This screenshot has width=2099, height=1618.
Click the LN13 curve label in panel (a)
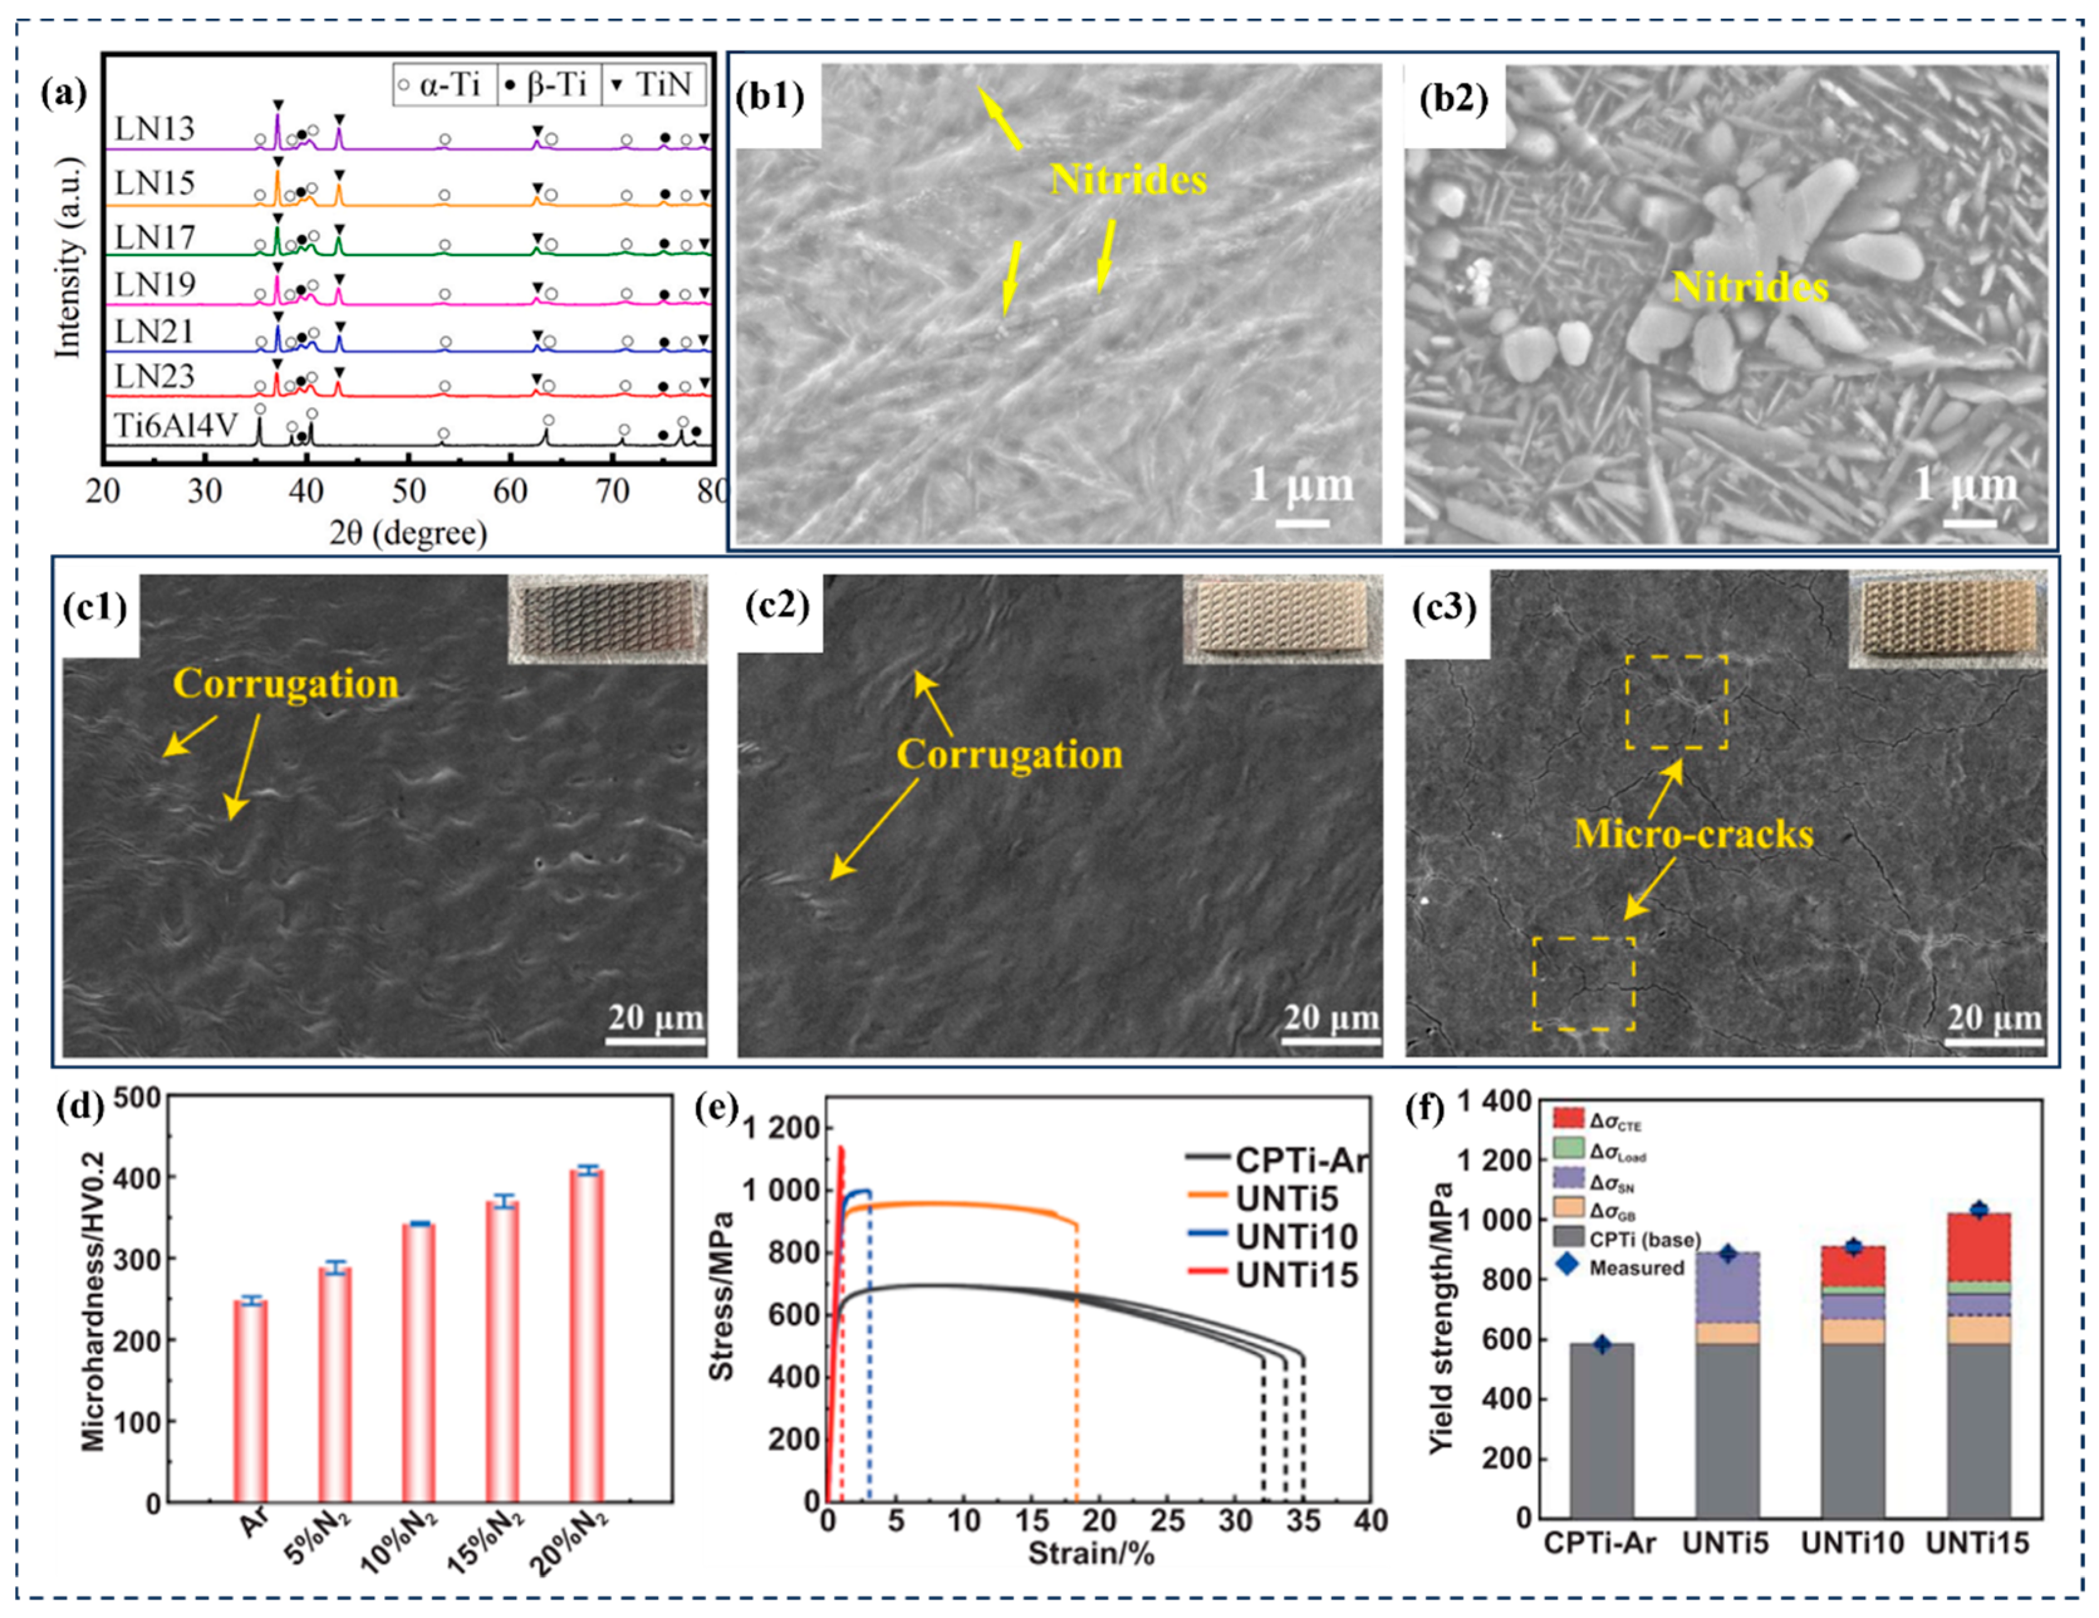(x=154, y=129)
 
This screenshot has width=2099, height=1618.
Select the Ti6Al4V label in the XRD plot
(x=175, y=424)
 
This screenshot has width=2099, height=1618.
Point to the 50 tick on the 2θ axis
(x=409, y=491)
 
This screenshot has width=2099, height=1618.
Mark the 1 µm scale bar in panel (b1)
(x=1302, y=523)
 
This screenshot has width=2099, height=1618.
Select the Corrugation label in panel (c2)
(x=1009, y=755)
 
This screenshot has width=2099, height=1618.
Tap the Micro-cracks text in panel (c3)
(x=1693, y=833)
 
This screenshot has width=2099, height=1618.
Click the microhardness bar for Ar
(x=251, y=1401)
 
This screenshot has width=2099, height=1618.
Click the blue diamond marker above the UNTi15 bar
(x=1978, y=1209)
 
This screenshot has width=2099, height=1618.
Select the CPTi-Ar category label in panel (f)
(x=1600, y=1543)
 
